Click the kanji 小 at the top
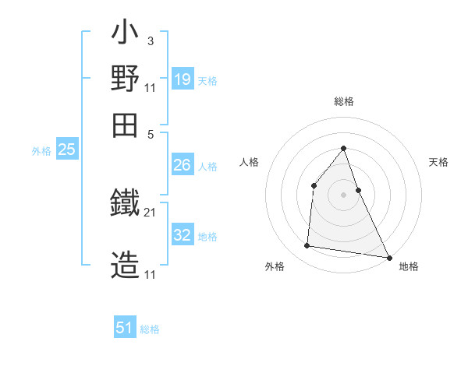tap(125, 35)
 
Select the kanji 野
tap(125, 79)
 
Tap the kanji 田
tap(125, 125)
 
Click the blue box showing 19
tap(183, 79)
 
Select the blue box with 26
tap(182, 165)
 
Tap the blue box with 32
tap(182, 235)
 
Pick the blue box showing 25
tap(67, 150)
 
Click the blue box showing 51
tap(125, 328)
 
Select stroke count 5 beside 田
tap(151, 133)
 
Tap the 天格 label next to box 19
tap(207, 81)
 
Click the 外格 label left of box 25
tap(41, 151)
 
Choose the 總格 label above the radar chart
tap(343, 102)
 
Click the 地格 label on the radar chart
tap(409, 267)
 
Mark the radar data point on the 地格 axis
tap(388, 257)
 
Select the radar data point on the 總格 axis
tap(343, 148)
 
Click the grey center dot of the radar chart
tap(343, 194)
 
